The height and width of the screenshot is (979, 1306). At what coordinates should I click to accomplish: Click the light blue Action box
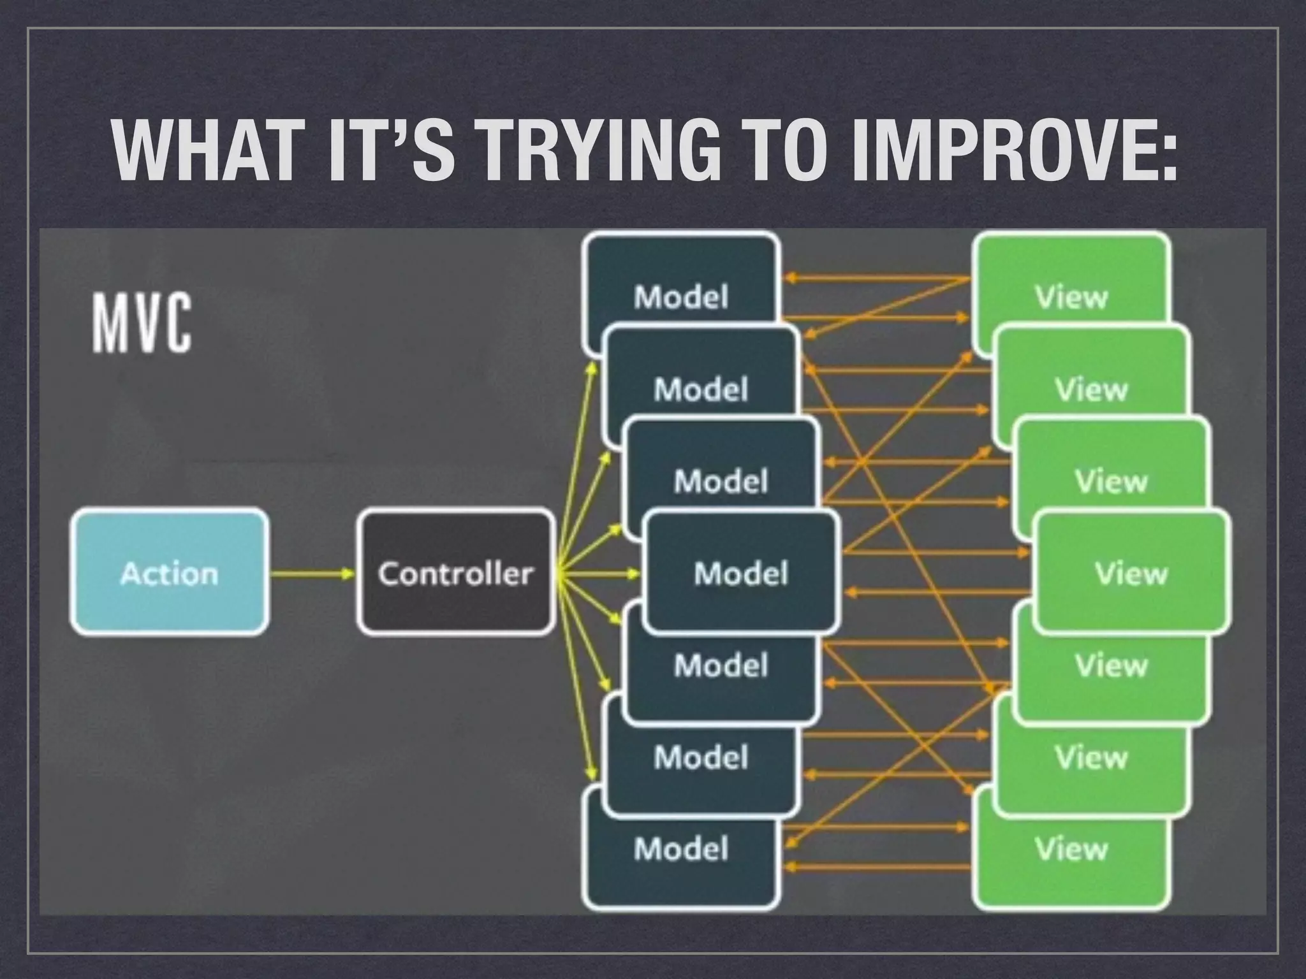click(169, 572)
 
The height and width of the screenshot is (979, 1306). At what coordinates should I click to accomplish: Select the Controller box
click(455, 572)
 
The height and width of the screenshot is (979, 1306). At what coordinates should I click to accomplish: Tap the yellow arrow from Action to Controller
click(312, 574)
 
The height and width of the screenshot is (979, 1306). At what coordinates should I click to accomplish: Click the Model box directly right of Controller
click(740, 572)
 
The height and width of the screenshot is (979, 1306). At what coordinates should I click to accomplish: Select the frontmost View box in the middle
click(1131, 572)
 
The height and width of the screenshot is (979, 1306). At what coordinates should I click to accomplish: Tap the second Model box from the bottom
click(701, 758)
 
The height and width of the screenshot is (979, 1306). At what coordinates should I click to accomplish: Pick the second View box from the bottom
click(1091, 758)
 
